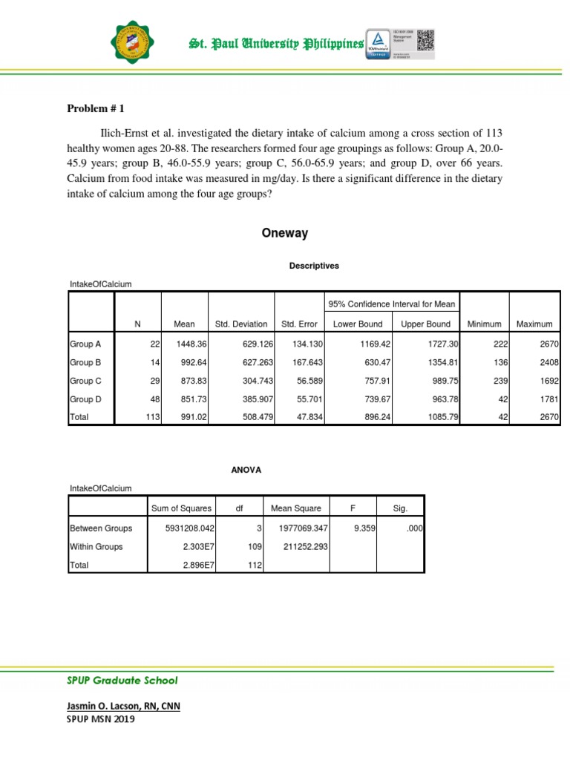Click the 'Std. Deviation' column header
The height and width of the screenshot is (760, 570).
[241, 324]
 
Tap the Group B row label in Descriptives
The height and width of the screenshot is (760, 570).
[86, 362]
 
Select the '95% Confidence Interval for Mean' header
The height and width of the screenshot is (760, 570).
[393, 304]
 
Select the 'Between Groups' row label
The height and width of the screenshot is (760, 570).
[101, 528]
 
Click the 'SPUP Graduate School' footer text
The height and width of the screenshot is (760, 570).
[123, 681]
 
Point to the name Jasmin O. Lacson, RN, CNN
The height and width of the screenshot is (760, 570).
[123, 706]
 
